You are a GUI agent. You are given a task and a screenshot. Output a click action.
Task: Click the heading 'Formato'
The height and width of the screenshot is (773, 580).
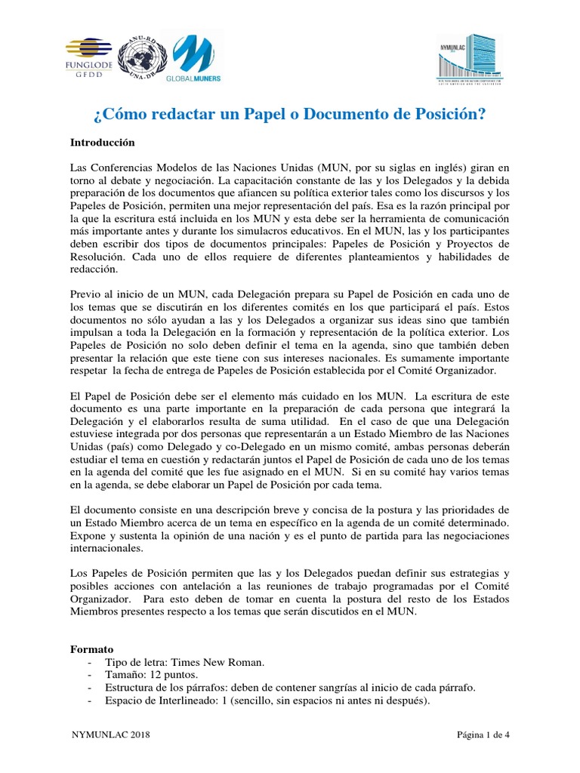tap(91, 648)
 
